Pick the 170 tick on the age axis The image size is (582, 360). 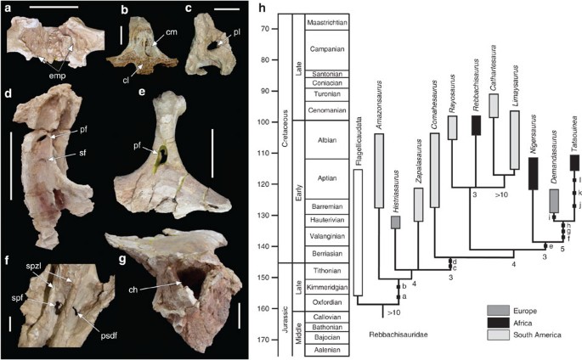(x=277, y=340)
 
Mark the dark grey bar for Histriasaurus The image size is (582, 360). (x=395, y=222)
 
